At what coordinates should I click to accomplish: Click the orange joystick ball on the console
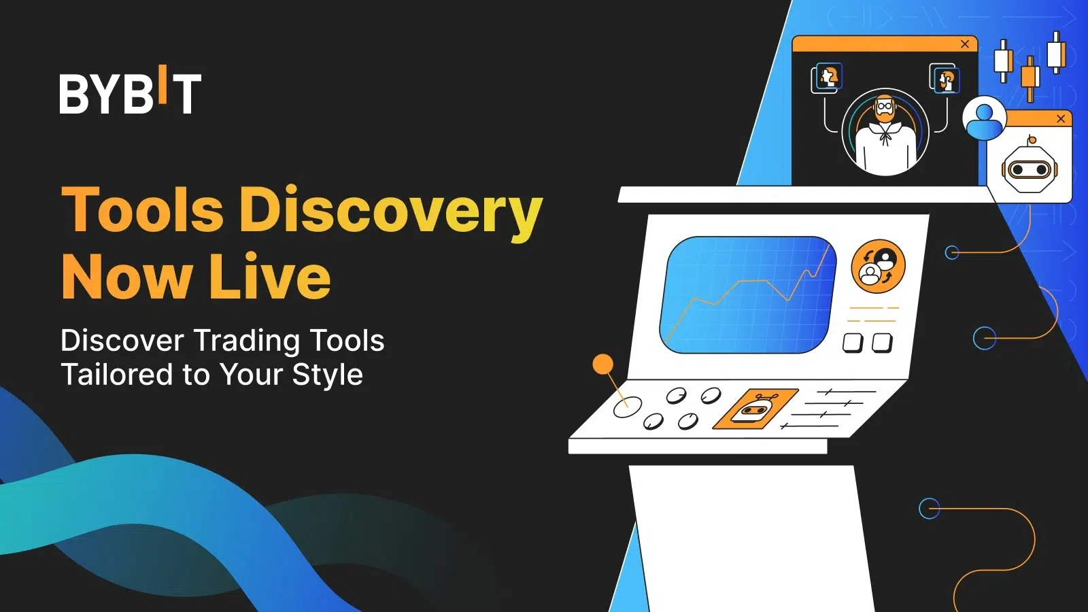click(x=602, y=364)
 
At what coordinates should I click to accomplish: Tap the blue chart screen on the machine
click(x=748, y=295)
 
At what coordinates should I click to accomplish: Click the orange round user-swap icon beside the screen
click(x=878, y=266)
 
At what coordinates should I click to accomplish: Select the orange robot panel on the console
click(x=755, y=409)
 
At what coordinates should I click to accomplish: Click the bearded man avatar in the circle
click(x=885, y=132)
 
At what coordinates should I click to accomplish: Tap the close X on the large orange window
click(x=965, y=44)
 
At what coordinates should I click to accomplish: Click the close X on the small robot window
click(x=1061, y=118)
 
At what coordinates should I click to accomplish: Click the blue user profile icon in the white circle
click(x=984, y=118)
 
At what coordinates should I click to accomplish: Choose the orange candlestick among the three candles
click(x=1030, y=79)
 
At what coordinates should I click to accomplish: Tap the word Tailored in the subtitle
click(x=117, y=375)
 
